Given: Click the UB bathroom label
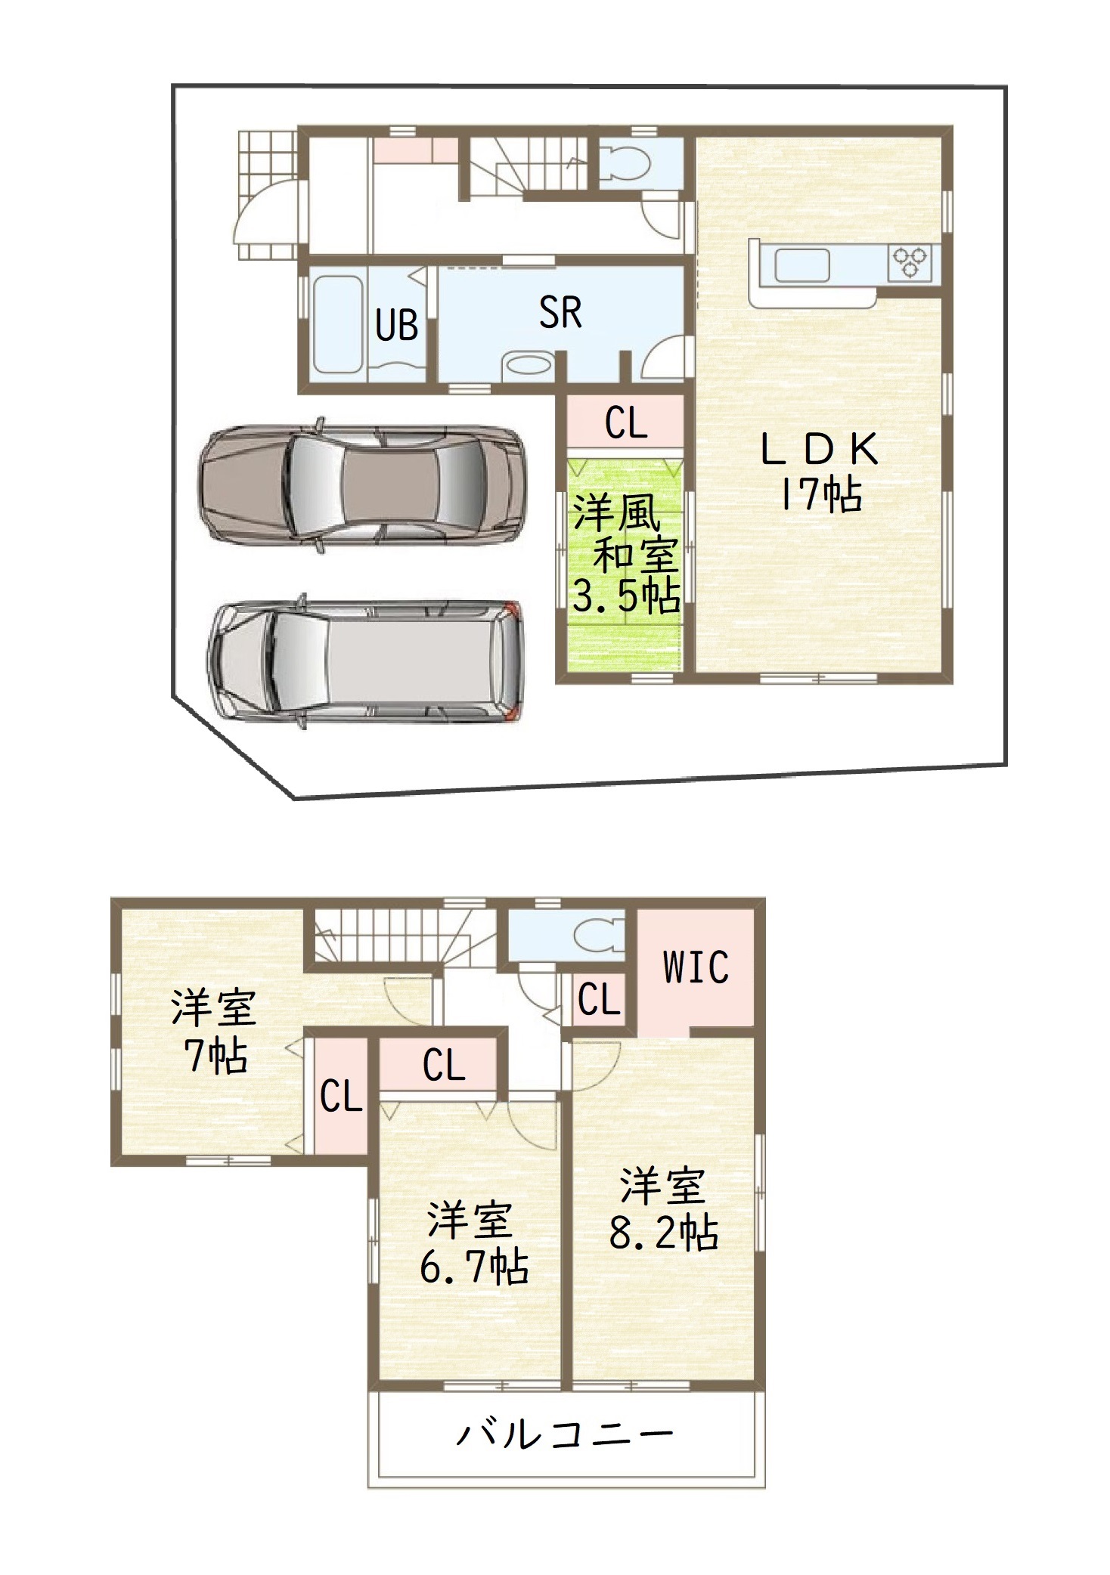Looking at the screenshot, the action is [x=396, y=326].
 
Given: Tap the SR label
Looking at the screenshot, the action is [x=560, y=312].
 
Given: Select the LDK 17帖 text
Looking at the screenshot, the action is [x=820, y=472].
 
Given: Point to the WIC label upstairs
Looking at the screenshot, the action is [x=696, y=967].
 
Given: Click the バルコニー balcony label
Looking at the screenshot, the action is [x=565, y=1434].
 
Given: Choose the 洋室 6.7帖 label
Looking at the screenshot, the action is [x=473, y=1242].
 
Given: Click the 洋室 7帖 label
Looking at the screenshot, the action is [x=215, y=1032].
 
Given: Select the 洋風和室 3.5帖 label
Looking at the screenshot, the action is [x=626, y=554].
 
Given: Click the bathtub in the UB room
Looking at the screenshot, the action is [x=338, y=324].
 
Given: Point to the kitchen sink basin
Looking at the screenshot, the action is [x=802, y=265].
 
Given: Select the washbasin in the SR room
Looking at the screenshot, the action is [x=528, y=366].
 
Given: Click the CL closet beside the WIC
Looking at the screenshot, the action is [x=600, y=1000].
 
